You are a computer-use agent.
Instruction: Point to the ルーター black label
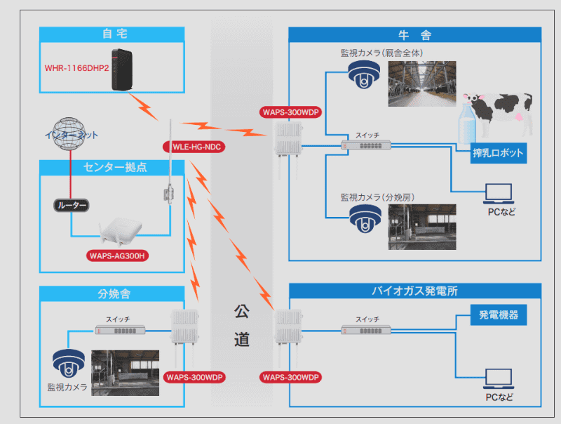[x=72, y=206]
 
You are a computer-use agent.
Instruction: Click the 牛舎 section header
[x=415, y=34]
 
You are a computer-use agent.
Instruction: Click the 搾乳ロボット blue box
[x=499, y=153]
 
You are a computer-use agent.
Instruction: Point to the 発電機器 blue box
[x=499, y=315]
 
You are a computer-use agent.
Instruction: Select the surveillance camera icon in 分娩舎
[x=68, y=363]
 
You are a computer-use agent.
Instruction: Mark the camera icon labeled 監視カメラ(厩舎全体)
[x=364, y=76]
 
